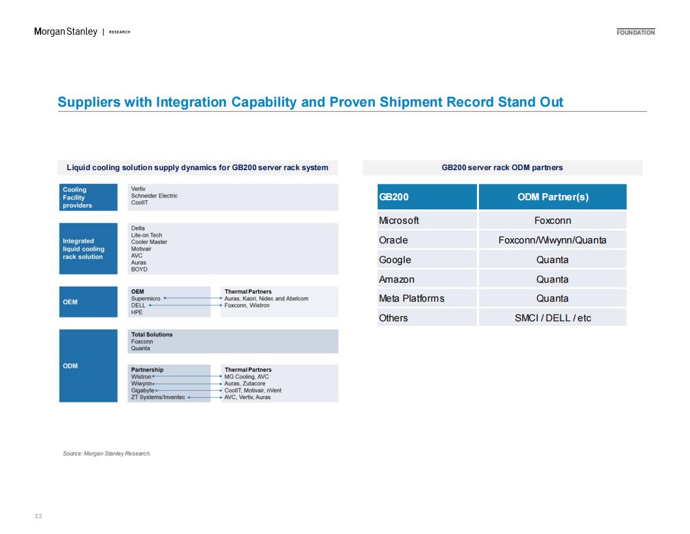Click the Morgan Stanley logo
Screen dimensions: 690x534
coord(65,31)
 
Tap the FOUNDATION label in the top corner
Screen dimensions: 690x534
coord(635,32)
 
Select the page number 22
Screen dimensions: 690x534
coord(39,516)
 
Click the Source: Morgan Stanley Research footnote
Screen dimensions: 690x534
coord(107,454)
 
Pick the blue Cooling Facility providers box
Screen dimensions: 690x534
coord(88,198)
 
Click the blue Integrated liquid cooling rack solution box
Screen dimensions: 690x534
coord(88,249)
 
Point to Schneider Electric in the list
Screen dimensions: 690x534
coord(154,196)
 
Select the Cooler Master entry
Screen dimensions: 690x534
coord(149,242)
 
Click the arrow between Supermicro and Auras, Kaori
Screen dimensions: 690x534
coord(193,298)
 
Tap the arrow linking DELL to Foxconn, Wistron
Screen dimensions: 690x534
coord(186,306)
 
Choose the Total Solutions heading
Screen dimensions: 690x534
coord(152,334)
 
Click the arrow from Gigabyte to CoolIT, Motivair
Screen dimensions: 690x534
coord(189,391)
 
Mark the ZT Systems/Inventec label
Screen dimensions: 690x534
coord(158,397)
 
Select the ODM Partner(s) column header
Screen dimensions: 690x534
coord(553,197)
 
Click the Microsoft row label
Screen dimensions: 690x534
coord(399,221)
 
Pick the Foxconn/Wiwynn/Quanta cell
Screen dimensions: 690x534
coord(552,240)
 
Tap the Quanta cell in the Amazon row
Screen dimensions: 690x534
coord(552,279)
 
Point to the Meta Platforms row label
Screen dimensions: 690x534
coord(412,298)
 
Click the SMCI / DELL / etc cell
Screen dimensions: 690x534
coord(553,317)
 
